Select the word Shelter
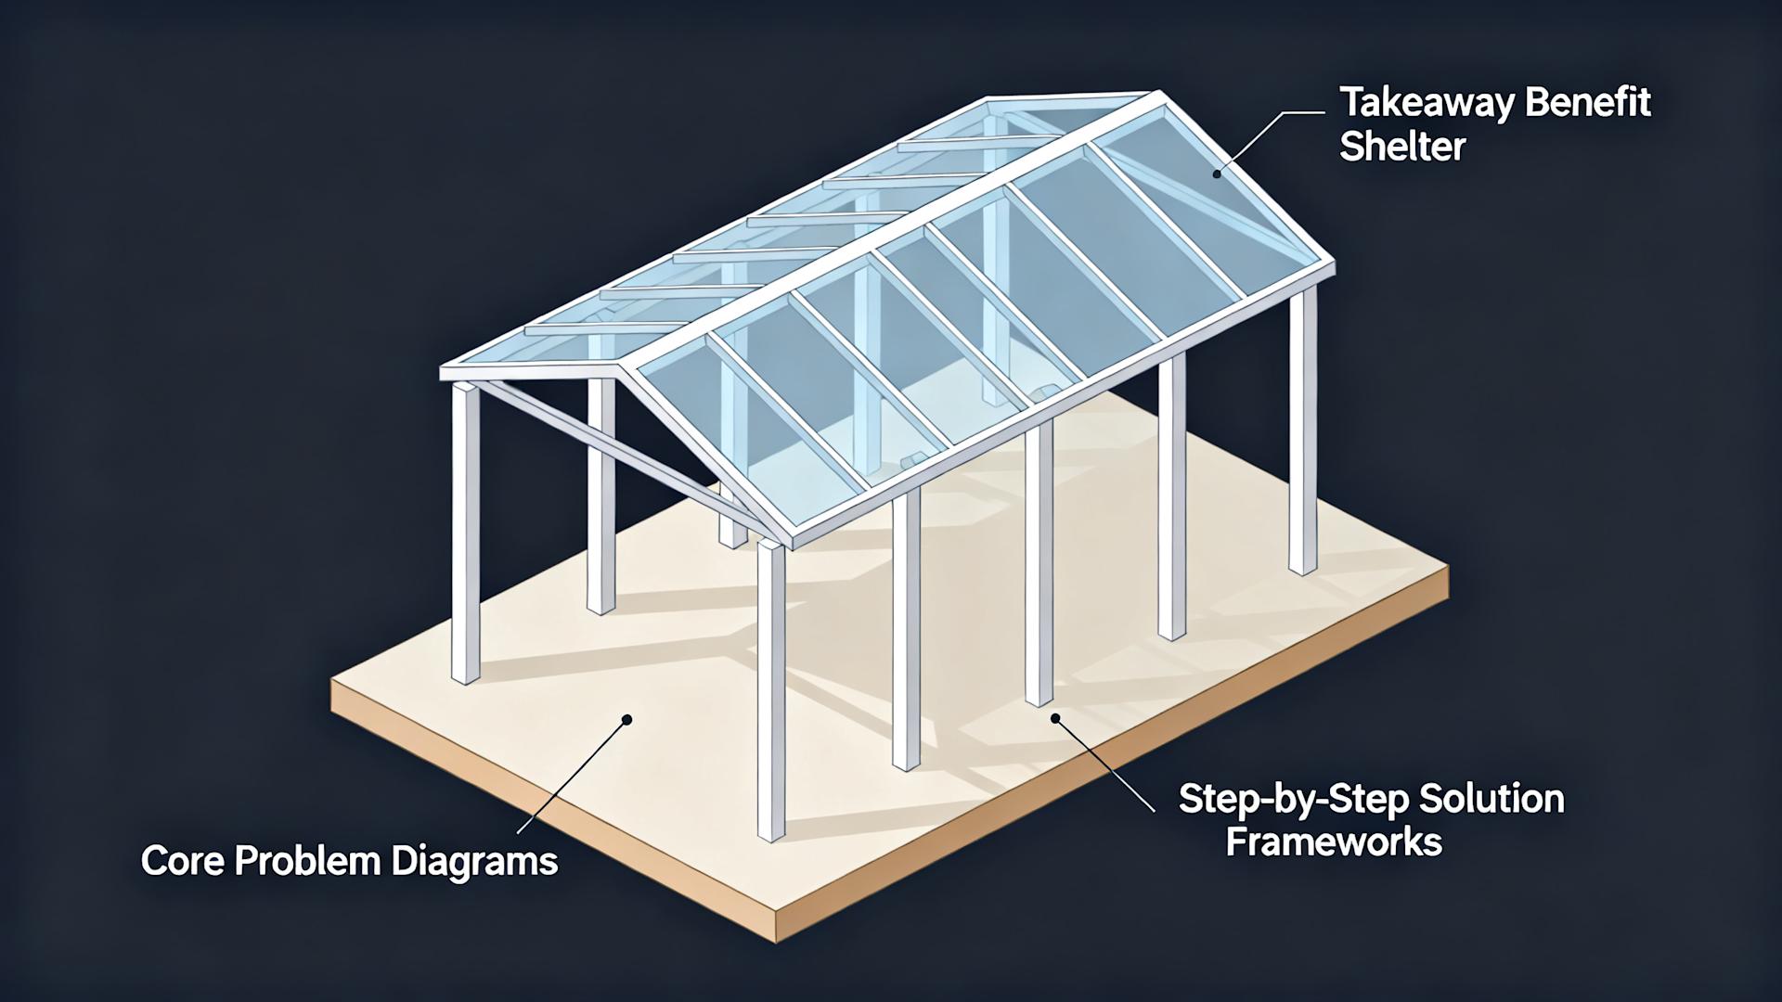1402,148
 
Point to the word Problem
306,861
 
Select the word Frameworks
1334,841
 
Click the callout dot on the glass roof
1217,173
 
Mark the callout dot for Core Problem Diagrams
627,719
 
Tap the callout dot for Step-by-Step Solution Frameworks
1055,717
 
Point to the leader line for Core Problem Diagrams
571,779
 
